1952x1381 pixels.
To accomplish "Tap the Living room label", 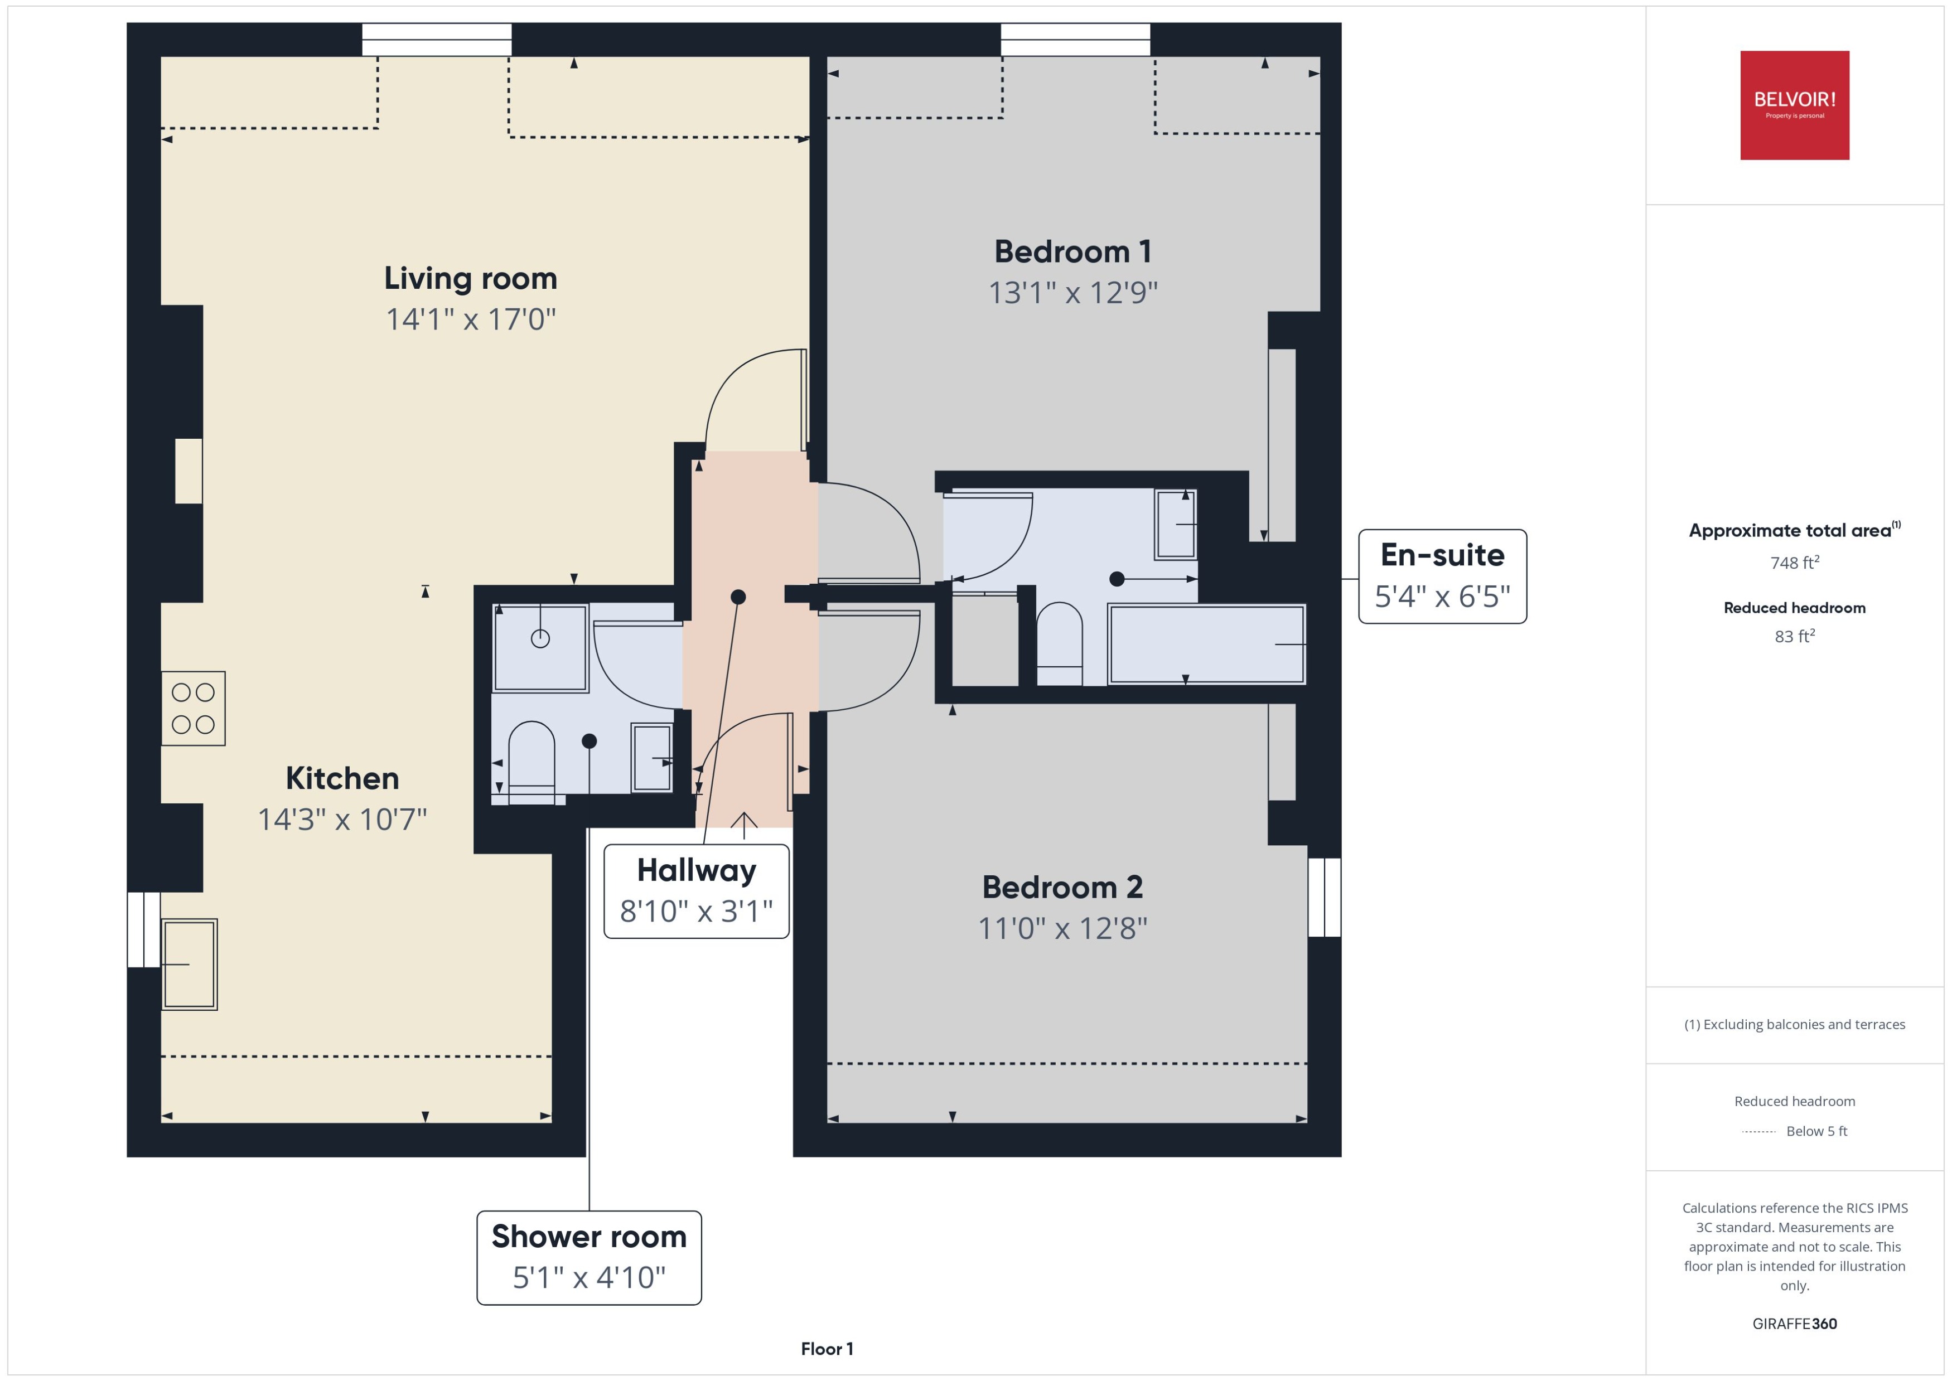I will pos(470,278).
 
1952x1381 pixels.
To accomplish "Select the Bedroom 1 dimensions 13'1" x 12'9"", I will pos(1072,293).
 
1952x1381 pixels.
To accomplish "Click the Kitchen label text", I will pos(342,778).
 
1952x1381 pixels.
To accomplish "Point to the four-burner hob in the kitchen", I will pos(193,709).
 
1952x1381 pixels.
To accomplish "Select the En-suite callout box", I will pos(1442,576).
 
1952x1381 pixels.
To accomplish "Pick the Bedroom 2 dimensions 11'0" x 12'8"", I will pos(1062,928).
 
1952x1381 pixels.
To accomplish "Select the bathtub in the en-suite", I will pos(1206,644).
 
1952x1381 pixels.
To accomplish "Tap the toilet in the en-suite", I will pos(1059,642).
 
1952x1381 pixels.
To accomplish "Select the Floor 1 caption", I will pos(827,1349).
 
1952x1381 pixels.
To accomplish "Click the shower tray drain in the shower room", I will pos(540,638).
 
